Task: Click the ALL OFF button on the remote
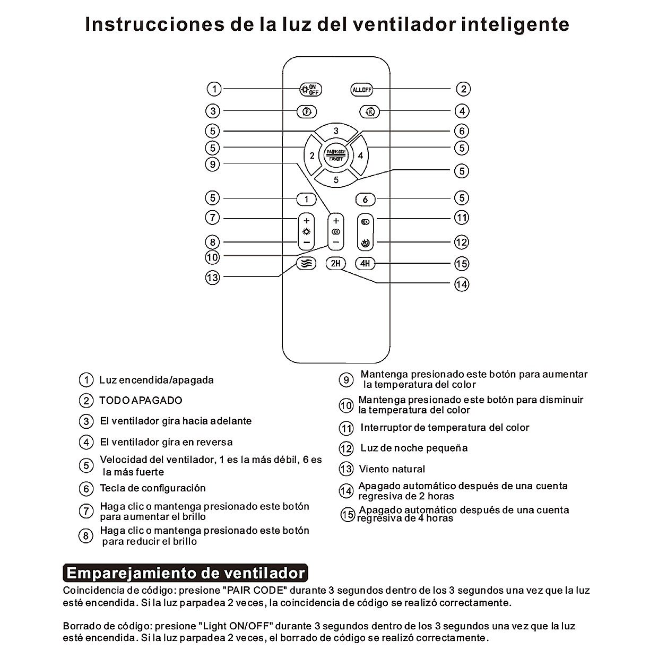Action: pos(362,90)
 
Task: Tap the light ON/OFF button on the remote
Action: pos(310,89)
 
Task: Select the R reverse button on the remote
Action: pos(370,111)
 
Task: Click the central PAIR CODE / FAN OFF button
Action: pos(335,155)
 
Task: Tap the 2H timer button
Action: pos(335,263)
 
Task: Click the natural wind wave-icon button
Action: pos(306,263)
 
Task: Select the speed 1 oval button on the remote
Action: pos(306,200)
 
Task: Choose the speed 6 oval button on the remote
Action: pos(365,200)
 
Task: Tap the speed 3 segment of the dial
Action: pos(335,131)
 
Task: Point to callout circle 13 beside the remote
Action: pos(212,278)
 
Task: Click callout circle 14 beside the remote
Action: pos(462,284)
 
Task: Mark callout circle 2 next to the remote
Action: pos(463,89)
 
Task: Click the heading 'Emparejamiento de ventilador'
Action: pos(186,574)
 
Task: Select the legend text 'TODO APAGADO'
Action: pos(141,401)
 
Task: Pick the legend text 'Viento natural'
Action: pos(392,469)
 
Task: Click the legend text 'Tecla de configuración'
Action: pos(152,488)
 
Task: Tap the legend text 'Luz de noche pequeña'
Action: pos(414,448)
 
